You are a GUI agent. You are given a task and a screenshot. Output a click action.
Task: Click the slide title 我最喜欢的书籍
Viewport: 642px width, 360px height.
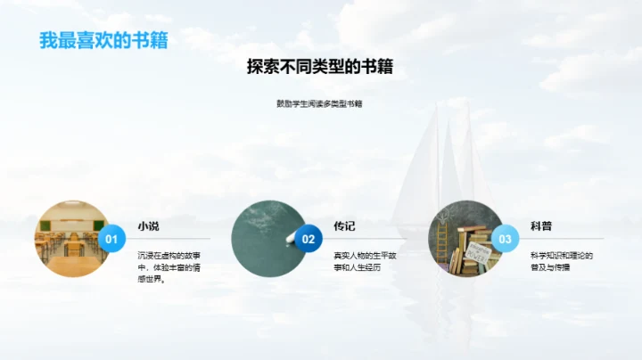coord(103,40)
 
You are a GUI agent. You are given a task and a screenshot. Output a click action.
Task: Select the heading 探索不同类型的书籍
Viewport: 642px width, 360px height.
coord(320,67)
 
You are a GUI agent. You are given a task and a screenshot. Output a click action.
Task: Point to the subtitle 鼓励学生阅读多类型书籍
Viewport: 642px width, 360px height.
coord(319,103)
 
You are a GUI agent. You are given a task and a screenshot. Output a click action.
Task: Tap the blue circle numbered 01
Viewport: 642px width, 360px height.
coord(111,239)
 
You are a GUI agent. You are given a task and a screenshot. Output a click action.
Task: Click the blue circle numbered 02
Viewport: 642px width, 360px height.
coord(309,239)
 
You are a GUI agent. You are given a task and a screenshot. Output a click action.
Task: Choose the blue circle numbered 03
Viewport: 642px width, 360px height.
coord(506,239)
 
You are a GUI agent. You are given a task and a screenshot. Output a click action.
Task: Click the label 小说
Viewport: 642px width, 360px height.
coord(148,226)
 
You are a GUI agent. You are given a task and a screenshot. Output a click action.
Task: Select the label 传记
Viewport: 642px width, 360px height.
coord(345,226)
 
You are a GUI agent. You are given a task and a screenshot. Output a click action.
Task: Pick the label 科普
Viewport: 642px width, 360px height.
coord(541,226)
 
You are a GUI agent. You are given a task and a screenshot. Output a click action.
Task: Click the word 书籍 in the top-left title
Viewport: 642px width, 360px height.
coord(150,40)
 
